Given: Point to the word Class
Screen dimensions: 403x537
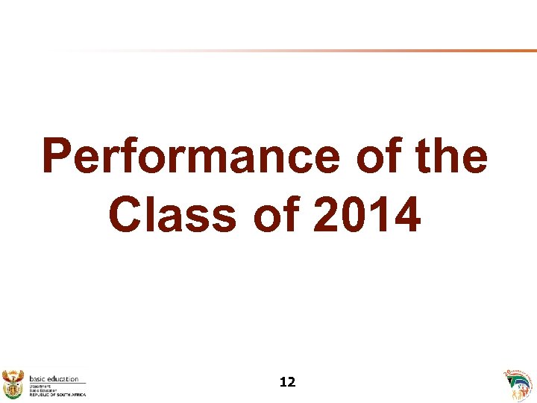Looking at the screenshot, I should click(170, 213).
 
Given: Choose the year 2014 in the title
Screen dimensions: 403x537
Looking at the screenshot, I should click(367, 213).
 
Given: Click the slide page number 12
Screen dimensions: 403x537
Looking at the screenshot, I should click(287, 382).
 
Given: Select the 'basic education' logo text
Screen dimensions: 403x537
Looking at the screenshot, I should click(54, 378).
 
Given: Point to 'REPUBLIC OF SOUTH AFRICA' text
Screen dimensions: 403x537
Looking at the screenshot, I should click(57, 394).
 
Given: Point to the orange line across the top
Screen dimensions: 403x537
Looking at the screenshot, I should click(373, 51).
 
